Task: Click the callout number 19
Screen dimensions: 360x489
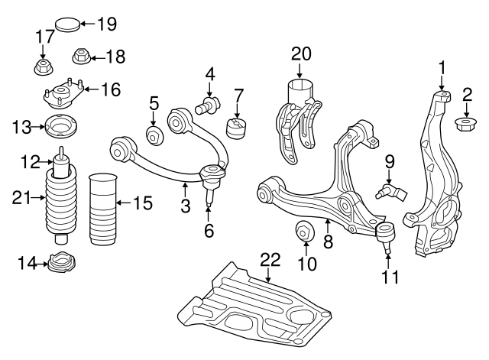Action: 106,23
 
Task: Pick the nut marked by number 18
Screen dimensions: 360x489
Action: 81,57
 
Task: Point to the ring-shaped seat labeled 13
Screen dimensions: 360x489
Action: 60,125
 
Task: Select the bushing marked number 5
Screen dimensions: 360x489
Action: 154,137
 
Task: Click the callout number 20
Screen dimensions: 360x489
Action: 302,54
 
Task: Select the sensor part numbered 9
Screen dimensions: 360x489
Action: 389,188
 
